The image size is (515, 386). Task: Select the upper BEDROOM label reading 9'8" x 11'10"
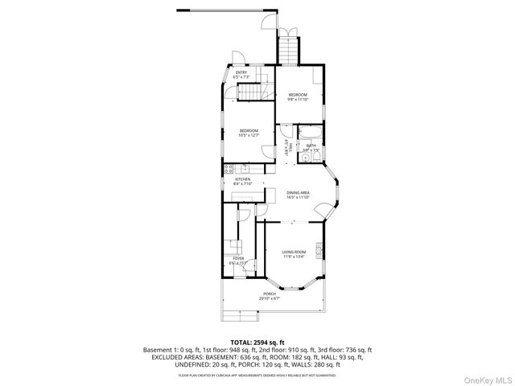(298, 96)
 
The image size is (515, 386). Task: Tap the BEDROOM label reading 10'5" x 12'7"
(249, 133)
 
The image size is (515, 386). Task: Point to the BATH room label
(311, 148)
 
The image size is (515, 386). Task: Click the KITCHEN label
(242, 181)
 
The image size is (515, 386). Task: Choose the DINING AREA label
(298, 195)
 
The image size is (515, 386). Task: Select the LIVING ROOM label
(293, 255)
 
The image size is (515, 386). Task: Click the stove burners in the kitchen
(229, 169)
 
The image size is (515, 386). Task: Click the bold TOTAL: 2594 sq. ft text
(257, 343)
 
